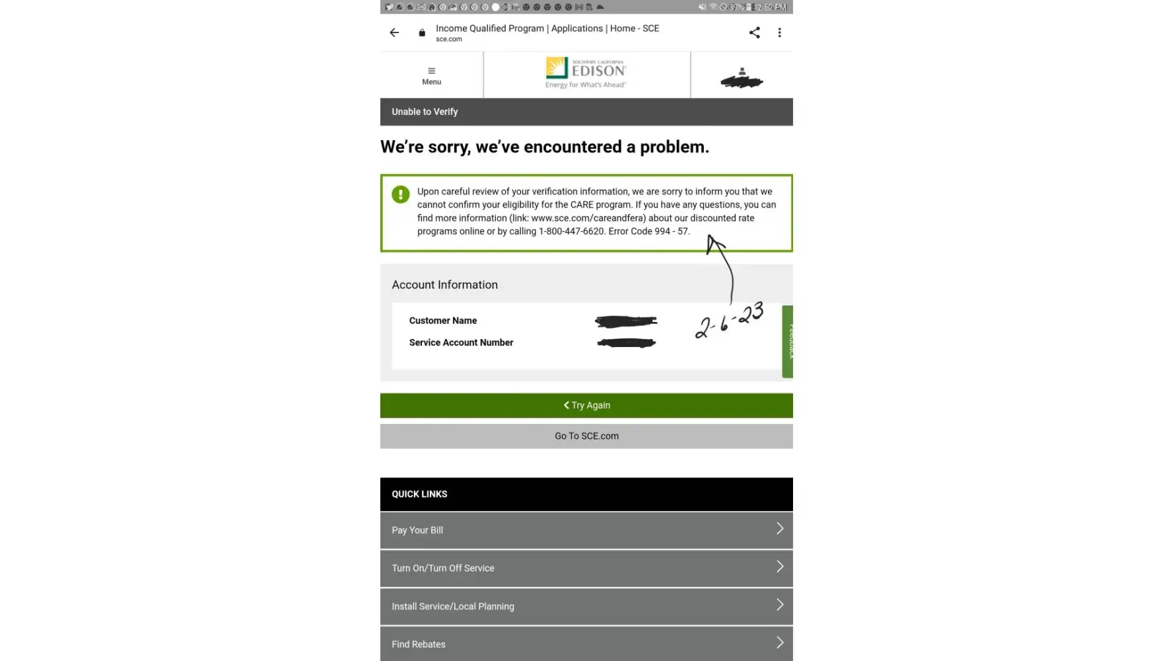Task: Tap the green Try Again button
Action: [586, 405]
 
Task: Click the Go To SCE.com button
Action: [586, 436]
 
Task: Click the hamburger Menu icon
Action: [431, 75]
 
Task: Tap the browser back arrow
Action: [394, 32]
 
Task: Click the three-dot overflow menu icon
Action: [779, 32]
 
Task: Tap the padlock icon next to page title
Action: [422, 32]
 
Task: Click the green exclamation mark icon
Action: [400, 194]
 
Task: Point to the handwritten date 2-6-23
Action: [729, 320]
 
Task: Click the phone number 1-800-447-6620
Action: [571, 231]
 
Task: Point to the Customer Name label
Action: [442, 321]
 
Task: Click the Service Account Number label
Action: [461, 342]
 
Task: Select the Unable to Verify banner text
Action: [425, 112]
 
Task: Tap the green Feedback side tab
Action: [788, 341]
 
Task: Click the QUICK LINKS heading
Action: [419, 494]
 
